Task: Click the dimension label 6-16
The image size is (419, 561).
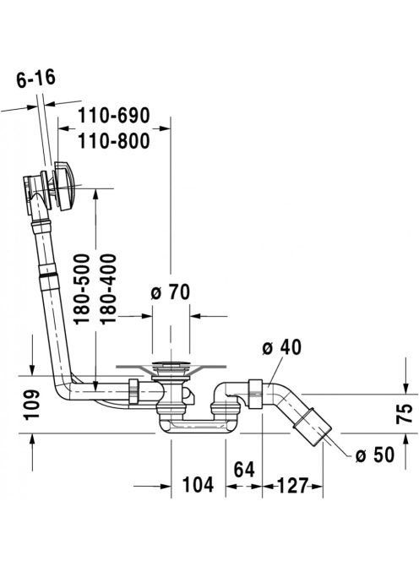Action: [36, 79]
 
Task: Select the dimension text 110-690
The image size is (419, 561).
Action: [114, 116]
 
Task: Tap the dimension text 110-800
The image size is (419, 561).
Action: [114, 141]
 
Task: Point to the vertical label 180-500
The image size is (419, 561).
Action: [82, 289]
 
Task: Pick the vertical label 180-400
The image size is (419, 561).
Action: [108, 289]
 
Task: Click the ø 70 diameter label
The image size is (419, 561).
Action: [171, 292]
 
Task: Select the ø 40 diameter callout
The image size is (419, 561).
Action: [281, 347]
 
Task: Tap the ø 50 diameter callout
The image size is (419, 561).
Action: [374, 455]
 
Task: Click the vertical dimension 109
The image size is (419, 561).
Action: [31, 405]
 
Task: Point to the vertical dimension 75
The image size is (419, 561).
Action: [405, 414]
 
